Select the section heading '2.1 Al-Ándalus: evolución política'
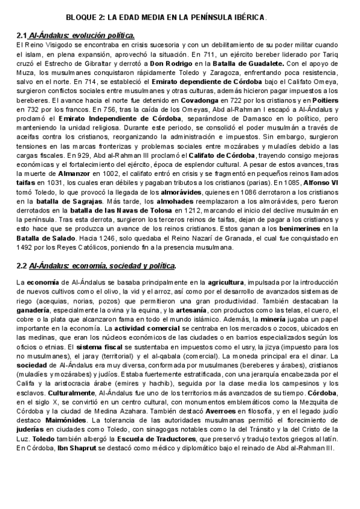pos(75,35)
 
